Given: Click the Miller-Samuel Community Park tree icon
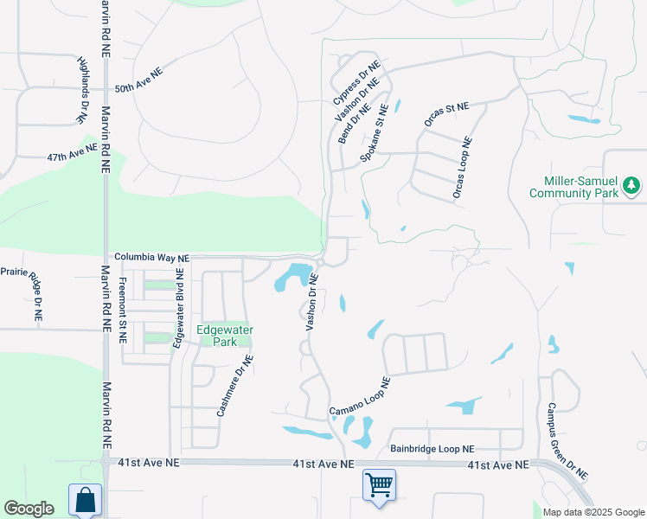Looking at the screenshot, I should tap(632, 184).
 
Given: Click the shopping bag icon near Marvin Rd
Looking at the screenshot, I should tap(85, 500).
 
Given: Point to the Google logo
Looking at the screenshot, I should tap(29, 509).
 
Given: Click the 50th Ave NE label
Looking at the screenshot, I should tap(139, 87).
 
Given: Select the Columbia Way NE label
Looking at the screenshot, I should tap(151, 258).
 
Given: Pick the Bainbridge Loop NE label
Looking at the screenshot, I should tap(432, 449).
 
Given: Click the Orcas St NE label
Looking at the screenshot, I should tap(445, 115).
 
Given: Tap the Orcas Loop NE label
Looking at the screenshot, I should tap(462, 168).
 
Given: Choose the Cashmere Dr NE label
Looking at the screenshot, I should tap(234, 386).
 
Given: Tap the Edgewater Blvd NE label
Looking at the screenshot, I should tap(178, 308).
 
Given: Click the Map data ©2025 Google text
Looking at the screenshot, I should tap(593, 512).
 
